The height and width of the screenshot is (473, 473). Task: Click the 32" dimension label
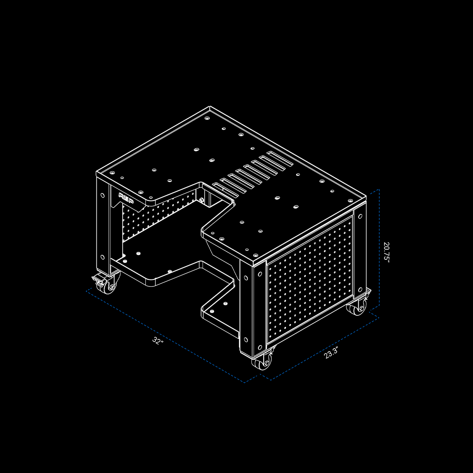(x=158, y=341)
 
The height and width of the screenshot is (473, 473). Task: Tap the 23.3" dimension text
(x=331, y=353)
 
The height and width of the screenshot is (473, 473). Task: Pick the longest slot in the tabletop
(x=279, y=159)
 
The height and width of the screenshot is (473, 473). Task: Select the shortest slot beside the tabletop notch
(x=226, y=190)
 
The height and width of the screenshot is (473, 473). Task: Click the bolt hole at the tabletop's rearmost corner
(x=207, y=118)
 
